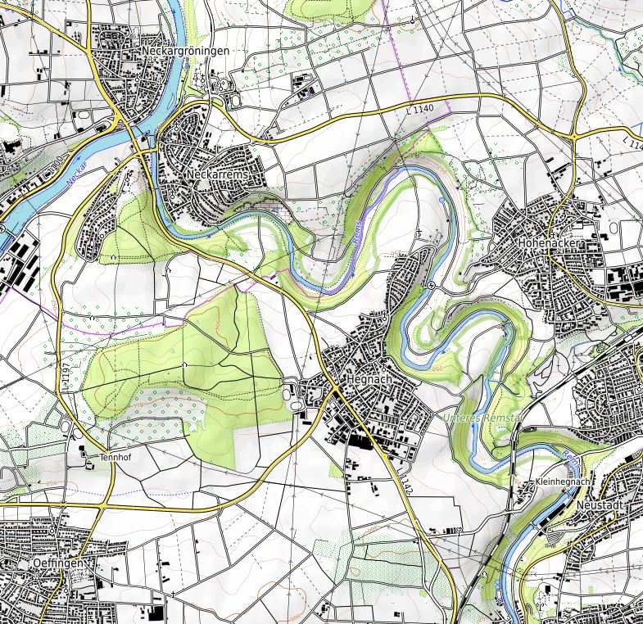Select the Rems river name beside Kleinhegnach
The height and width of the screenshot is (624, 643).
[573, 463]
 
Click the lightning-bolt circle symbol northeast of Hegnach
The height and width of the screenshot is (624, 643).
[432, 284]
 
